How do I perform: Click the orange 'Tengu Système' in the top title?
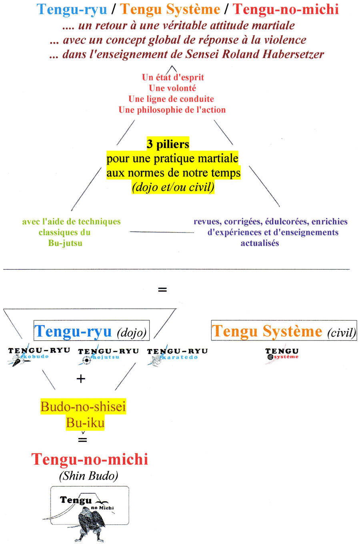pos(170,10)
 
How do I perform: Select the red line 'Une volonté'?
pos(172,88)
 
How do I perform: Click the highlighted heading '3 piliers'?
pos(168,144)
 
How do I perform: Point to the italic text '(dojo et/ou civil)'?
pos(173,187)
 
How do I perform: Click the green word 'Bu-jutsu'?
pos(65,243)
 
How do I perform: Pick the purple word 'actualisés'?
pos(260,243)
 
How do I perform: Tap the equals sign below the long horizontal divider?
pos(162,290)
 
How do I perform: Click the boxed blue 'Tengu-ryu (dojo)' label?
pos(92,330)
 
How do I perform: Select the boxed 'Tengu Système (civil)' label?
pos(284,330)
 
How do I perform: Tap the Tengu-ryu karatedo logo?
pos(177,355)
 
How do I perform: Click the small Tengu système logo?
pos(282,354)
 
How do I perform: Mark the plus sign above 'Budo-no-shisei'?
pos(81,379)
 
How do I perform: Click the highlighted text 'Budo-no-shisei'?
pos(83,407)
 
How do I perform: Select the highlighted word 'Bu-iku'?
pos(85,423)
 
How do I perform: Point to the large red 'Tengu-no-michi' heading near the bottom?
pos(90,460)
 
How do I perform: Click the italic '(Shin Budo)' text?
pos(89,476)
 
